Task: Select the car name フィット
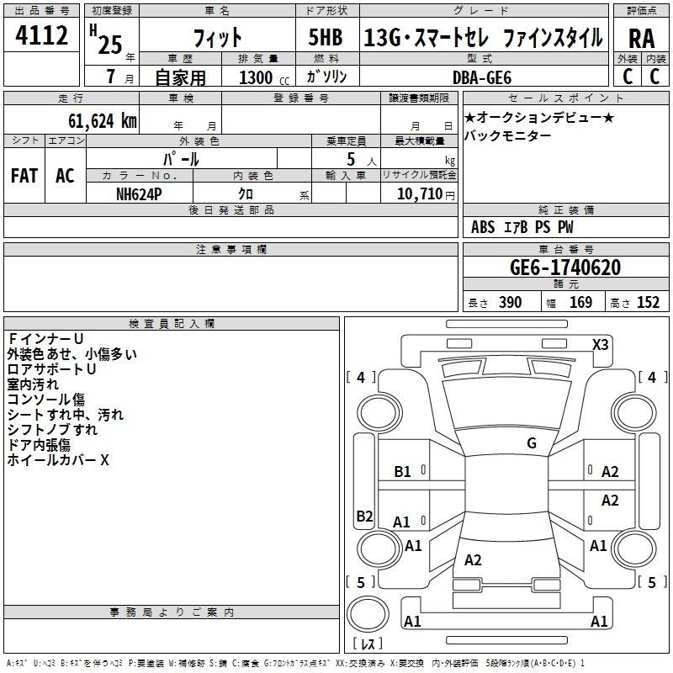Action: pyautogui.click(x=218, y=37)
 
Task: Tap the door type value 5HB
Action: pyautogui.click(x=326, y=37)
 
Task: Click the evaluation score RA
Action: pyautogui.click(x=641, y=39)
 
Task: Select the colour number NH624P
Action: pyautogui.click(x=140, y=193)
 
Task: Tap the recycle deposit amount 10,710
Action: pyautogui.click(x=417, y=193)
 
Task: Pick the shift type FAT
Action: pyautogui.click(x=24, y=176)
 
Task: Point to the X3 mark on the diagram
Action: pyautogui.click(x=601, y=344)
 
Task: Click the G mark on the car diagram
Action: pyautogui.click(x=531, y=443)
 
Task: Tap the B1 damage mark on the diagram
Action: pyautogui.click(x=402, y=472)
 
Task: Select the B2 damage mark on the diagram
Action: pyautogui.click(x=364, y=516)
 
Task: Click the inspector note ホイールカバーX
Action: pyautogui.click(x=58, y=460)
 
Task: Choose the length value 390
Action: pyautogui.click(x=510, y=303)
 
